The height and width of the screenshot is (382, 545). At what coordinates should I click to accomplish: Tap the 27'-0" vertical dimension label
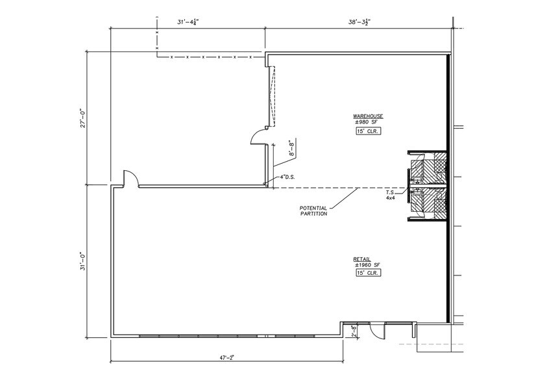point(82,118)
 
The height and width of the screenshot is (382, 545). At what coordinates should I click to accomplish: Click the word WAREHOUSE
point(368,116)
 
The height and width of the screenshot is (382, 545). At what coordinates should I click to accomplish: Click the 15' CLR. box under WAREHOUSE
point(368,131)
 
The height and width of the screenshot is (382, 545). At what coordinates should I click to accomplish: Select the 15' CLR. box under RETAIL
point(367,273)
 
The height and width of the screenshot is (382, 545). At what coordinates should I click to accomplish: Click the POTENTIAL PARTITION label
point(313,210)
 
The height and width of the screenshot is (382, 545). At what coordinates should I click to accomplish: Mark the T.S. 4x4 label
point(391,195)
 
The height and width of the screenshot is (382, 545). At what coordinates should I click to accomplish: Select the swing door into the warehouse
point(259,136)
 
